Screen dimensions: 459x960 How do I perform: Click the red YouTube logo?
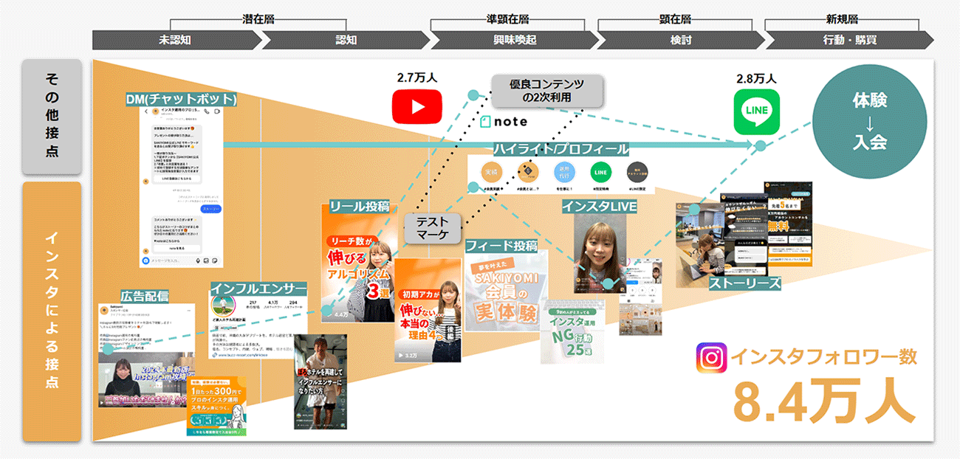418,106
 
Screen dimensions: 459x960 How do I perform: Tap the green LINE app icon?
756,112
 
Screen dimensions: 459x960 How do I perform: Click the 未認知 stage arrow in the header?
175,40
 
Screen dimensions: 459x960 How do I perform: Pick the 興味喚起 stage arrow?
510,40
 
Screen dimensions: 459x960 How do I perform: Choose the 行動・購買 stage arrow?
841,40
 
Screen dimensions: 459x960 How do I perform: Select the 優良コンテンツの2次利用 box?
546,91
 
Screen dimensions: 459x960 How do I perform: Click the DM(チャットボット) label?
181,99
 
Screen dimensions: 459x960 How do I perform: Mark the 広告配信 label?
145,295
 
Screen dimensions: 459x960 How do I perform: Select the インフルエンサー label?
258,288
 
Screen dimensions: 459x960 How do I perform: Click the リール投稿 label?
360,207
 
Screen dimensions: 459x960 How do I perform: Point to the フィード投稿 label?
501,245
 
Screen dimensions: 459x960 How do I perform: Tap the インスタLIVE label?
599,206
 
